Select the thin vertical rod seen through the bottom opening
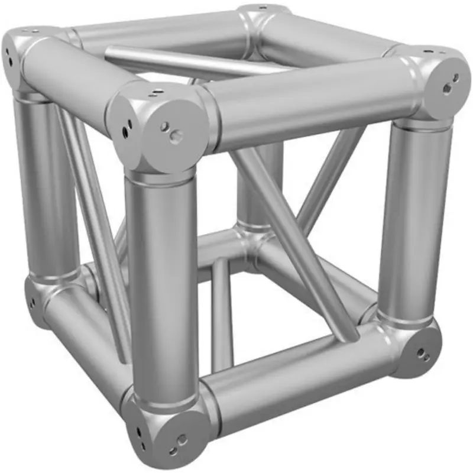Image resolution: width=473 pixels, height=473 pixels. click(221, 313)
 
